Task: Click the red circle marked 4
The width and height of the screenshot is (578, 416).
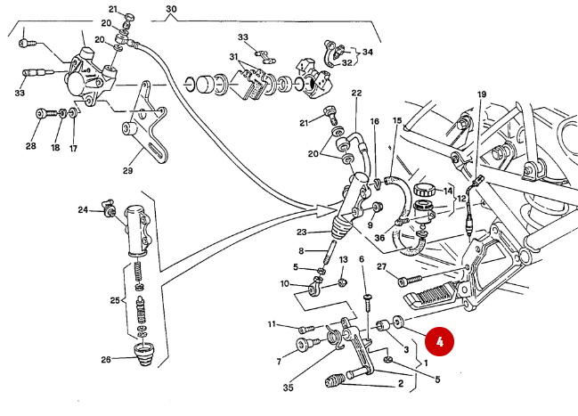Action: [x=439, y=341]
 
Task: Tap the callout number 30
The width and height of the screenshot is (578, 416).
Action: [x=171, y=11]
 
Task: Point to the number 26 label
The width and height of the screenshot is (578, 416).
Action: [x=105, y=360]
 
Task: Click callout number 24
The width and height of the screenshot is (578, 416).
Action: [x=83, y=211]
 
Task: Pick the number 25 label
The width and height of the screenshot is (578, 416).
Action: [x=115, y=301]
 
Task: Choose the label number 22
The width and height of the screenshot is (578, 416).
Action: [x=356, y=93]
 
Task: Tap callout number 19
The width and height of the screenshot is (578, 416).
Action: [x=482, y=94]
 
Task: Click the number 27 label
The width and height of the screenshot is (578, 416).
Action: [x=380, y=266]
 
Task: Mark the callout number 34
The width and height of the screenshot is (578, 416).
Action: [x=367, y=52]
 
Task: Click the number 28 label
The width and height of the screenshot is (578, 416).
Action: [x=31, y=146]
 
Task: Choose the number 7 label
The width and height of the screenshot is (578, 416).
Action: [x=278, y=361]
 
